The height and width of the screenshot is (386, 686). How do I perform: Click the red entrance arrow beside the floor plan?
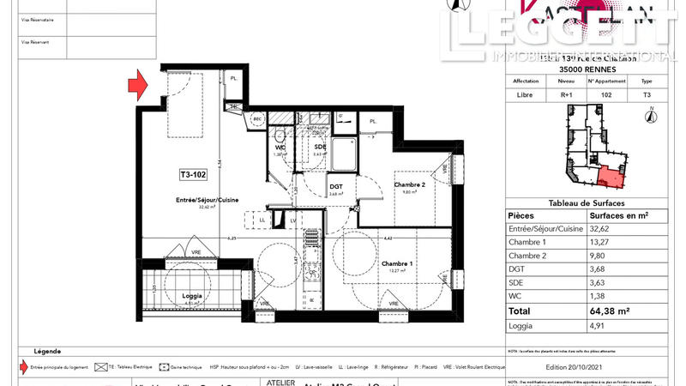[138, 85]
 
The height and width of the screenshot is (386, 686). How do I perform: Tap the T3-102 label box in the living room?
[193, 175]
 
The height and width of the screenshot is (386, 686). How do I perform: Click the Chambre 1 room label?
[397, 263]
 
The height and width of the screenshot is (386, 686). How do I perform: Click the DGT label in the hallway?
[336, 186]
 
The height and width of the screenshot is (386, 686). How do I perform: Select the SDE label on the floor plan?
[320, 148]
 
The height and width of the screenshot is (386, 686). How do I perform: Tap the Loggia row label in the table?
[521, 325]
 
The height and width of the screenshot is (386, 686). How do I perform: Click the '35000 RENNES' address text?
[586, 69]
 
